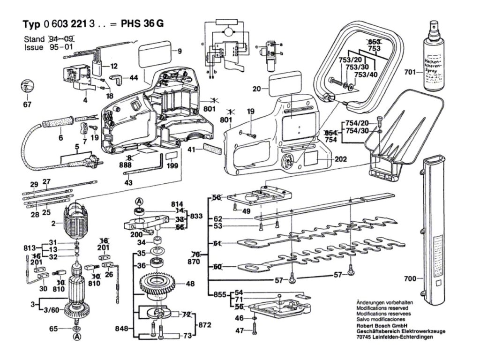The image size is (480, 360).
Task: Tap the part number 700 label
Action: [x=410, y=279]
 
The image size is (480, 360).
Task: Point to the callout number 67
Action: [x=28, y=105]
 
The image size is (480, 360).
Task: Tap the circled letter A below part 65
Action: [x=76, y=337]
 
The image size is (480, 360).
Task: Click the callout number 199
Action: [x=172, y=166]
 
